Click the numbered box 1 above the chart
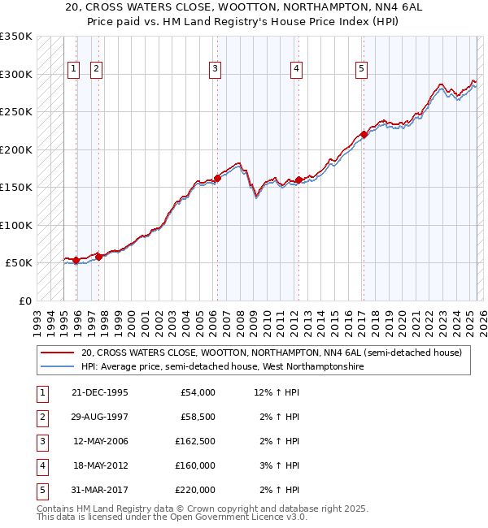click(x=74, y=70)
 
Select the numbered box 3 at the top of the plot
click(x=215, y=70)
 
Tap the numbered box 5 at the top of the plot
click(x=360, y=70)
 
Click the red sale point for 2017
click(x=364, y=135)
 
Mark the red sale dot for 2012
click(x=298, y=180)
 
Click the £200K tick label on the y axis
click(x=16, y=149)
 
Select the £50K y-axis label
click(x=19, y=263)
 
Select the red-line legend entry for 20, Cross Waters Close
click(x=272, y=353)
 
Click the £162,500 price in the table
click(x=194, y=441)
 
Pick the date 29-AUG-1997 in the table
click(x=99, y=417)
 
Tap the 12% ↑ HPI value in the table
click(x=277, y=392)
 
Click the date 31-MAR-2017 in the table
click(x=99, y=490)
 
